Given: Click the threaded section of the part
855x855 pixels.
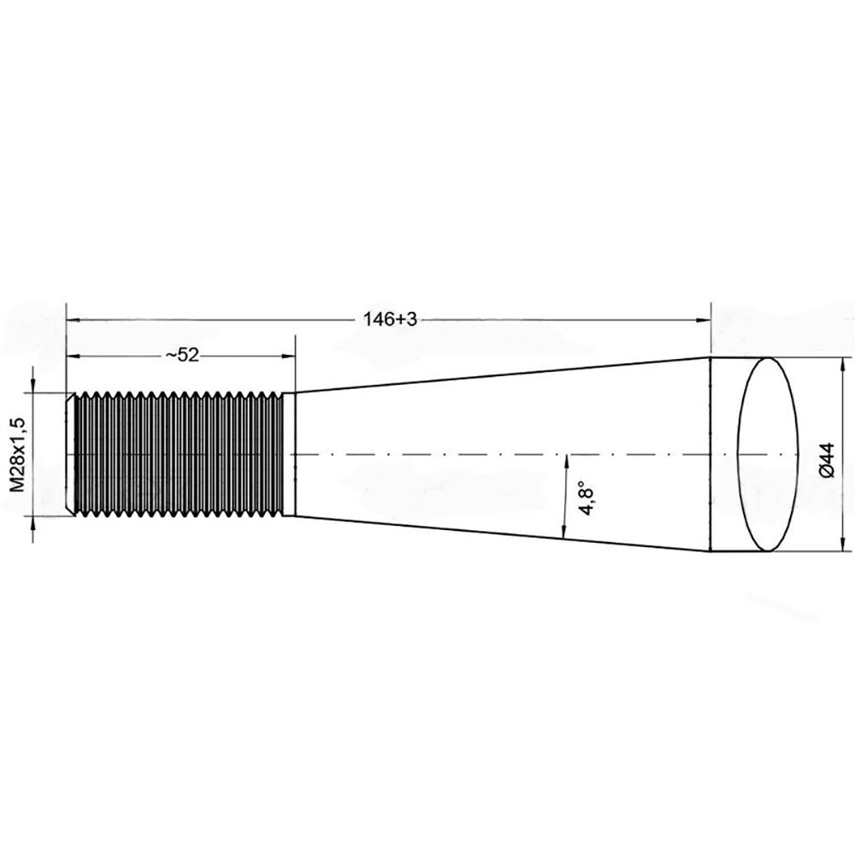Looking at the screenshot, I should coord(180,454).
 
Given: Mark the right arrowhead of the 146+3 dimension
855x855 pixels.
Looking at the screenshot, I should coord(705,320).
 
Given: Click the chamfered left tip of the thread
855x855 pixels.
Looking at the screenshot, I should coord(71,454).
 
